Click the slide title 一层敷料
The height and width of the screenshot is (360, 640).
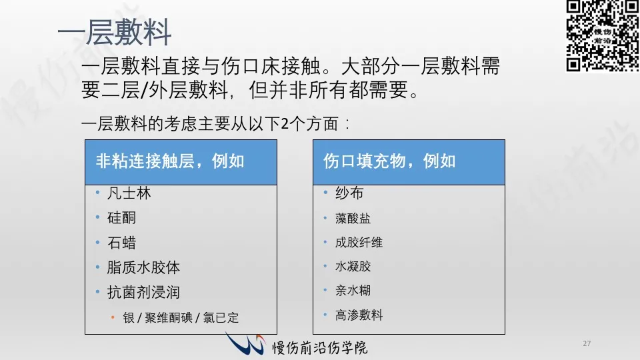[114, 32]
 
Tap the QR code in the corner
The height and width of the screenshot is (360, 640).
[603, 35]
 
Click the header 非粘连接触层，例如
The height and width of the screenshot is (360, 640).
[170, 161]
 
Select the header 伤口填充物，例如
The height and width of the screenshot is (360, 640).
[389, 161]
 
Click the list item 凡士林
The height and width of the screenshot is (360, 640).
[129, 193]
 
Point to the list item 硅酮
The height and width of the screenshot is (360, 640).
[121, 218]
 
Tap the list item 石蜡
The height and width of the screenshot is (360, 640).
[121, 243]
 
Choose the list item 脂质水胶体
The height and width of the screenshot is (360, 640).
[143, 268]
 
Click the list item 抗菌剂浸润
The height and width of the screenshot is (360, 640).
[143, 293]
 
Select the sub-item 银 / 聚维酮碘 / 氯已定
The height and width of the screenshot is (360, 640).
[181, 317]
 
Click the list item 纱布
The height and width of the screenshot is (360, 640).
[349, 193]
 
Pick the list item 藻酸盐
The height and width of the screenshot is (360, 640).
[353, 219]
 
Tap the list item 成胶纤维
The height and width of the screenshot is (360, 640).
[359, 243]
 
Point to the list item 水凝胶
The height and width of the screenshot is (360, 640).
[353, 267]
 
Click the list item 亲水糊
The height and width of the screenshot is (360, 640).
[353, 291]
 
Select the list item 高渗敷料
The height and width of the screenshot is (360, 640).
[359, 315]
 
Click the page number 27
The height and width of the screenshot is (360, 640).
[587, 344]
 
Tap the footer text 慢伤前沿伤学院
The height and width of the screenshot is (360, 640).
[320, 348]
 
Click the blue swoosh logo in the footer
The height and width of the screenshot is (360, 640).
[245, 343]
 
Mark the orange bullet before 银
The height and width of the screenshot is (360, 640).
[113, 317]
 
